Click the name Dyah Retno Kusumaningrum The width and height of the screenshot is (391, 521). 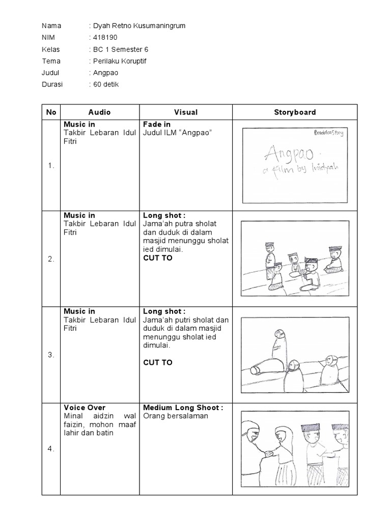point(136,26)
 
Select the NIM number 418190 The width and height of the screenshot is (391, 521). point(106,38)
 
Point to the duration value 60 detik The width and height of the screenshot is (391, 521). point(106,84)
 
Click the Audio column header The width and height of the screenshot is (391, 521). point(99,112)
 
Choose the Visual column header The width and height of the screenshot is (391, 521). point(186,112)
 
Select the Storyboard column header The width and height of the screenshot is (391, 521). point(295,112)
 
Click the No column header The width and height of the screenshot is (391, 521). point(51,112)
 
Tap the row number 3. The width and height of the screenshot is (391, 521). point(51,355)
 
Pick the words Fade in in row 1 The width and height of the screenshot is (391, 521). point(157,124)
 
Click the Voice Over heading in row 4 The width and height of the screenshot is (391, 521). point(85,408)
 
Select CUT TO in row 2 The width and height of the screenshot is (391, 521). point(158,258)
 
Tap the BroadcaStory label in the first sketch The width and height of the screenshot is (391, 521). point(329,133)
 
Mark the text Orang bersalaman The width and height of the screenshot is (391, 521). point(169,416)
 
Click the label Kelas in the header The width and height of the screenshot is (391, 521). point(51,49)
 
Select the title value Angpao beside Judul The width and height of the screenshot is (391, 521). point(105,73)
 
